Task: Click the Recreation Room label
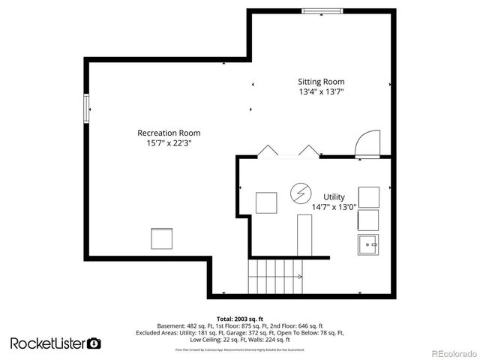tap(169, 133)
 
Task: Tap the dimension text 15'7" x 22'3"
tap(169, 143)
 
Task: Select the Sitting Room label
tap(321, 82)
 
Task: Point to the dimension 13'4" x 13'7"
tap(321, 92)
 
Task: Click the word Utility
tap(334, 196)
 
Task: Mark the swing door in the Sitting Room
tap(369, 144)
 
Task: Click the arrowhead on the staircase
tap(299, 277)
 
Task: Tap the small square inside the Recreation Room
tap(163, 238)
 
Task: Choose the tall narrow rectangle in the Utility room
tap(304, 235)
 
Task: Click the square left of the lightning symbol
tap(266, 203)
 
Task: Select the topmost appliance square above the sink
tap(368, 196)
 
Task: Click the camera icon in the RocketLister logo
tap(94, 343)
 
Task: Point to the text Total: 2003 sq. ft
tap(239, 319)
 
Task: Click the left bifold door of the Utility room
tap(267, 151)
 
